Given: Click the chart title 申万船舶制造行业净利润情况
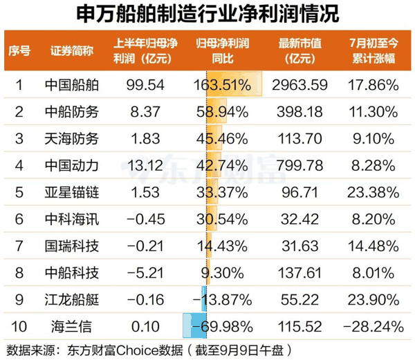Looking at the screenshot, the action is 207,14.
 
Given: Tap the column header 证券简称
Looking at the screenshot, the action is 72,50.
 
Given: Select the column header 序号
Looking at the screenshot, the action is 19,50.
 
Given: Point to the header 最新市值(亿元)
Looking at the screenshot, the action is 300,50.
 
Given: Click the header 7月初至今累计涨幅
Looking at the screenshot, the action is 373,50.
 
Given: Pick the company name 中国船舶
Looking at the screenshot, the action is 72,85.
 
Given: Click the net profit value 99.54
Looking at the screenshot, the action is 145,85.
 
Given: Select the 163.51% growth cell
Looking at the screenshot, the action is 222,85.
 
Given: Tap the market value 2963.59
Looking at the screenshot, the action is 300,85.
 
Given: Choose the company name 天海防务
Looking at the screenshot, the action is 72,139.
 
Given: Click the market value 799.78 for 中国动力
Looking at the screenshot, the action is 300,166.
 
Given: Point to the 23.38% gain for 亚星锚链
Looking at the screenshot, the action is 373,192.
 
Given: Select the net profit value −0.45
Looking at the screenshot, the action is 146,219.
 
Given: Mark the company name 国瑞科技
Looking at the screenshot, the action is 72,246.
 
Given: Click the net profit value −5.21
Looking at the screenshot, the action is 145,273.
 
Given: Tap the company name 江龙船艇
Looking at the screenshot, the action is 72,300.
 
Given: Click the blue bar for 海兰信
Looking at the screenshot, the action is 194,325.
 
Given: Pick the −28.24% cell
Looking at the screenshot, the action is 373,327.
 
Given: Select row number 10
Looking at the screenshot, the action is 19,327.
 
